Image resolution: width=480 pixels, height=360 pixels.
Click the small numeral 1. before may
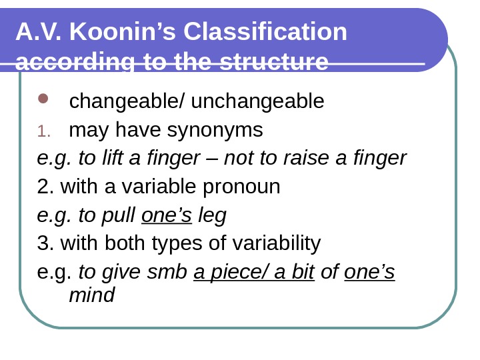tap(43, 131)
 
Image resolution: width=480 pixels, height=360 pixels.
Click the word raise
tap(307, 159)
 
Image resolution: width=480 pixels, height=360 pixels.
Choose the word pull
tap(123, 216)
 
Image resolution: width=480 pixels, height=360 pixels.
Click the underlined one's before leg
tap(167, 216)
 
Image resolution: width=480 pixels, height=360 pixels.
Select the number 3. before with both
tap(46, 244)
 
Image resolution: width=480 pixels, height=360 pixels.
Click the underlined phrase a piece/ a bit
tap(254, 273)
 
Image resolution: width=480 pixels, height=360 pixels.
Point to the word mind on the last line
tap(92, 295)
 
